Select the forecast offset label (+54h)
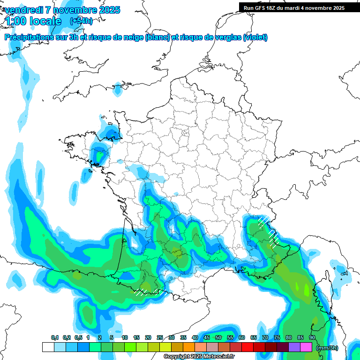tap(81, 21)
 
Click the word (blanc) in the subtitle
tap(157, 37)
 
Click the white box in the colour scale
tap(48, 347)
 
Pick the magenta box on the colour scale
tap(306, 347)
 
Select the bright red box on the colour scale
tap(247, 347)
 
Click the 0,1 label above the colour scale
tap(55, 338)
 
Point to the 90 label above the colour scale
tap(312, 338)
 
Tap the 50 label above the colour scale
tap(218, 338)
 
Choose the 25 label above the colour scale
tap(160, 338)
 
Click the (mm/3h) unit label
tap(327, 348)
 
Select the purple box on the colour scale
tap(294, 347)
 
